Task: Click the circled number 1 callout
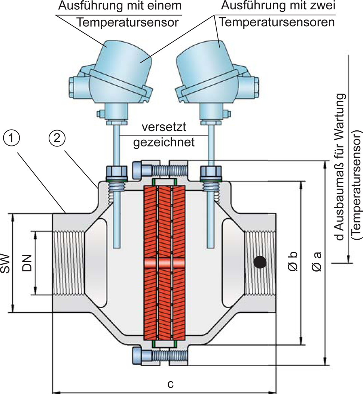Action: pos(11,139)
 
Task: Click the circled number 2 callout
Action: pos(57,139)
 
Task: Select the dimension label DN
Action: pos(27,263)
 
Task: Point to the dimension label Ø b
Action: pos(293,261)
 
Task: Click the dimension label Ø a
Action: pos(317,261)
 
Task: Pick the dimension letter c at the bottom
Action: pos(170,384)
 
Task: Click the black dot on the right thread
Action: pos(260,262)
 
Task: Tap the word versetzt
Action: pos(164,127)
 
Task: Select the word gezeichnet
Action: pos(164,142)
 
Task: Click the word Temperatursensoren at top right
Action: pos(277,22)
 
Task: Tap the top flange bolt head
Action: pos(142,170)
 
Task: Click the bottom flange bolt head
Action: pos(142,355)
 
